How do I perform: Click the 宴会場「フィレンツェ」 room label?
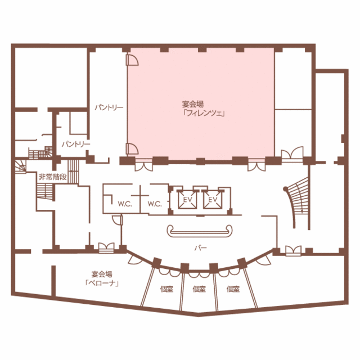[x=203, y=109]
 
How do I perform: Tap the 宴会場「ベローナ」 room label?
[x=102, y=278]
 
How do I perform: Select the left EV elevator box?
[x=187, y=200]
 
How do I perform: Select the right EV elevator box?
[x=213, y=200]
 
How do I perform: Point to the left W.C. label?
[x=125, y=204]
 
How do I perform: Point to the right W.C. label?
[x=155, y=204]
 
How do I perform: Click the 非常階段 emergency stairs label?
[x=52, y=177]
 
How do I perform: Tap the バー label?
[x=201, y=248]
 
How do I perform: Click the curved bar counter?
[x=200, y=232]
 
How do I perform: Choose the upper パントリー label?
[x=109, y=107]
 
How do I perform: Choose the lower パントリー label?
[x=76, y=144]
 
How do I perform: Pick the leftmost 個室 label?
[x=166, y=289]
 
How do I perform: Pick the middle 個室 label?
[x=199, y=289]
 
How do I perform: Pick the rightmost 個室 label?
[x=233, y=289]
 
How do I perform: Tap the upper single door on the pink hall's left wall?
[x=132, y=60]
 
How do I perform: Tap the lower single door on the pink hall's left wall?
[x=132, y=148]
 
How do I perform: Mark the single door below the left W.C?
[x=118, y=220]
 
